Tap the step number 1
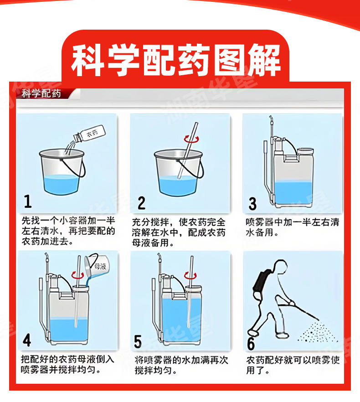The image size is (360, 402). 28,201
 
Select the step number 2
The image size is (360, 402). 141,203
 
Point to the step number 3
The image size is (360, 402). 252,204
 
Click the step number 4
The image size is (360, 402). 27,340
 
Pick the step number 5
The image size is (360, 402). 138,341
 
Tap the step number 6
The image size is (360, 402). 251,344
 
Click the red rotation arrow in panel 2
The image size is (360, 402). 191,139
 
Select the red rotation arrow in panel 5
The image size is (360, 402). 190,276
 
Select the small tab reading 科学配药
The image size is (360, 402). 41,93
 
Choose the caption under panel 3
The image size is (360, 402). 292,227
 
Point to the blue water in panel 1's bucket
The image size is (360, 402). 61,184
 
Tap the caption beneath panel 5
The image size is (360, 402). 181,365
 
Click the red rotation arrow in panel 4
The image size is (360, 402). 77,275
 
